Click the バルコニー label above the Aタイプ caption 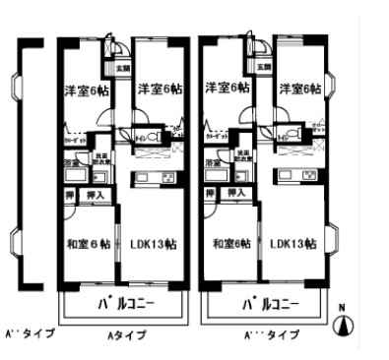126,304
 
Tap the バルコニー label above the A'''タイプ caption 270,304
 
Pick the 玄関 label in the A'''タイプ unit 263,68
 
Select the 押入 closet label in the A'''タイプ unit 237,196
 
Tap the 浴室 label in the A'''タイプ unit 213,162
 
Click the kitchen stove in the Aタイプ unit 168,177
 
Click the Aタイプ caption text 126,334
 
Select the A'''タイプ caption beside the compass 271,334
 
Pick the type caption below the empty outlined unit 28,332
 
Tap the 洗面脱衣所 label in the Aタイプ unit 100,158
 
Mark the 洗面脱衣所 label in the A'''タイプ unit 242,158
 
